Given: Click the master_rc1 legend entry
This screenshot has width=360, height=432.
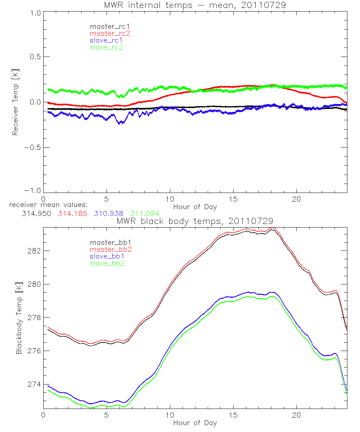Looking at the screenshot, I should tap(106, 27).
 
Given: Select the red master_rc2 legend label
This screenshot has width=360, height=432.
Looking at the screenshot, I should tap(106, 33).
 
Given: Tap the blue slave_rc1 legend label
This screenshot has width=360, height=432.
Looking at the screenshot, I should tap(106, 40).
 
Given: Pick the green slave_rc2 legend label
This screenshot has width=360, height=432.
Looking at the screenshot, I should tap(106, 47).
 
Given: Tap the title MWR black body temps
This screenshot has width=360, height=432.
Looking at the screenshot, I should tap(195, 221).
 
